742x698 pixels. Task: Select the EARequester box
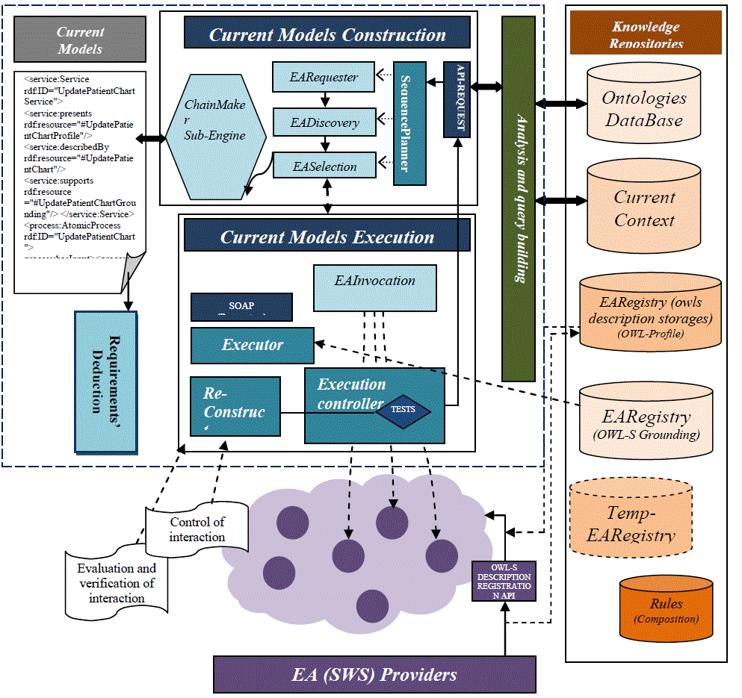coord(324,78)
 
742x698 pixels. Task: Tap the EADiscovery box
coord(324,122)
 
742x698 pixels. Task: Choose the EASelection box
coord(324,166)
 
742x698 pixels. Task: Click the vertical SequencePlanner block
coord(409,122)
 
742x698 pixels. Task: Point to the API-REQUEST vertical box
coord(457,99)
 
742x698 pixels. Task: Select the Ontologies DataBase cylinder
coord(644,108)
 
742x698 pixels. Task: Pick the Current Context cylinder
coord(643,208)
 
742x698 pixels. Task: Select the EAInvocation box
coord(374,288)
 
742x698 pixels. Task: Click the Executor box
coord(252,346)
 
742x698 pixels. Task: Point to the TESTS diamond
coord(404,410)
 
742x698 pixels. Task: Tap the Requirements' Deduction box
coord(105,381)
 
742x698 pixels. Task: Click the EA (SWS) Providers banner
coord(374,675)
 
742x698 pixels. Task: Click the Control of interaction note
coord(197,529)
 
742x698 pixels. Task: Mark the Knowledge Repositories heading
coord(646,34)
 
